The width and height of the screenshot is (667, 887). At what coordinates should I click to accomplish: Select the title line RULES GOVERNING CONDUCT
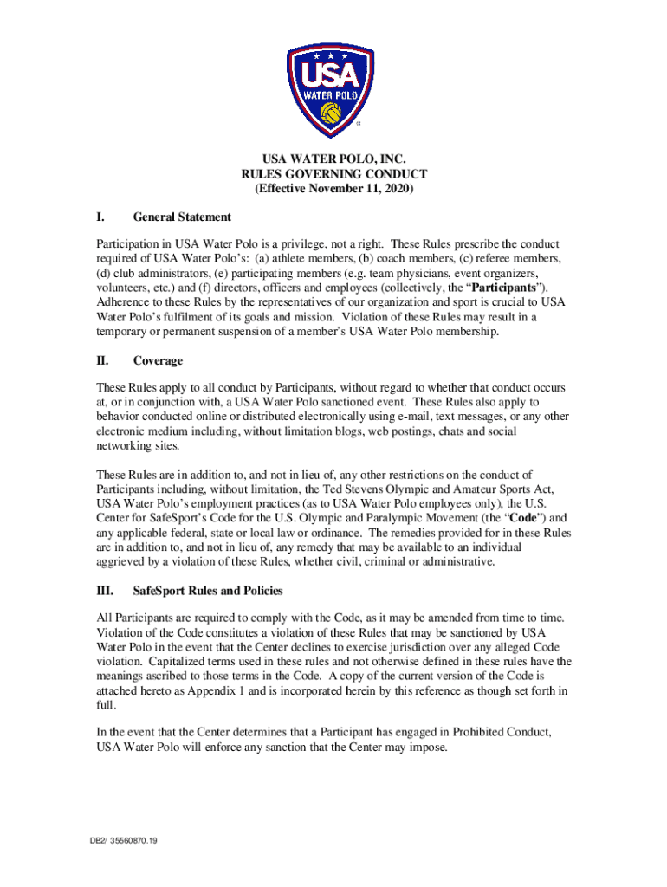[x=333, y=174]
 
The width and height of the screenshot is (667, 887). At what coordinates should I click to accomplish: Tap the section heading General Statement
[x=182, y=217]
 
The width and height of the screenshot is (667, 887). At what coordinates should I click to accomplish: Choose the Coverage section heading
[x=158, y=360]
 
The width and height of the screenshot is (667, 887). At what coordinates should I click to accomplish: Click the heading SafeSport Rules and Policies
[x=207, y=591]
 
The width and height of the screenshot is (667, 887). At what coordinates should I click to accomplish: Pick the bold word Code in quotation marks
[x=515, y=517]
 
